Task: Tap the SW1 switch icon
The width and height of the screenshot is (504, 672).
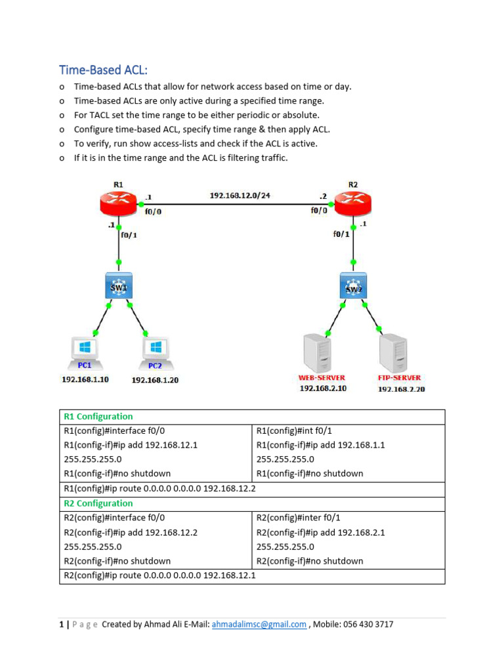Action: point(119,287)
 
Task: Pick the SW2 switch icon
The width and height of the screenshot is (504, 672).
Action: point(353,287)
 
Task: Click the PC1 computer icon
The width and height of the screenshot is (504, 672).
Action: point(84,350)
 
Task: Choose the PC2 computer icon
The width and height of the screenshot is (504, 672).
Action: point(155,350)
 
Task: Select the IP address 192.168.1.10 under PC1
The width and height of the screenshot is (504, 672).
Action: point(85,379)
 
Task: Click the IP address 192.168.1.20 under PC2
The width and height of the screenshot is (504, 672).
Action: point(156,380)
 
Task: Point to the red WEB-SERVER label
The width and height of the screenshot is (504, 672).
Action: point(322,378)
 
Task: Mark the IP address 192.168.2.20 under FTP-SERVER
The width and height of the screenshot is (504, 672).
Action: point(402,389)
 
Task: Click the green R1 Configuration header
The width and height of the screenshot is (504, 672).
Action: point(98,417)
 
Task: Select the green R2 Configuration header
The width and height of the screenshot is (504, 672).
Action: point(98,503)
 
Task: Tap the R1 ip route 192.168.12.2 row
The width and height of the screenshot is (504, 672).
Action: point(159,489)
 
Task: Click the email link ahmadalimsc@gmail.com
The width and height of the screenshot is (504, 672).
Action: point(259,625)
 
